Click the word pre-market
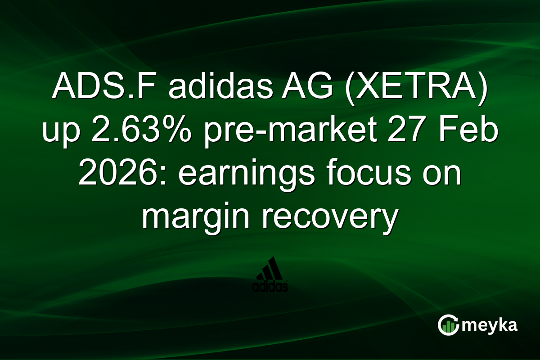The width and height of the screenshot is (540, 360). pyautogui.click(x=288, y=132)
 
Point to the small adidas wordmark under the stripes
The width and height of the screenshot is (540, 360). pyautogui.click(x=270, y=287)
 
